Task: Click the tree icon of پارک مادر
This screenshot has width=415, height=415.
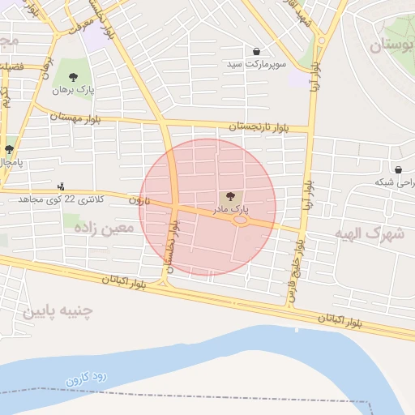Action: point(229,196)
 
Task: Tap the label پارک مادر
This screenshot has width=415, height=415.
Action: point(229,209)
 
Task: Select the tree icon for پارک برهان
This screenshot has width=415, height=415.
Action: point(74,77)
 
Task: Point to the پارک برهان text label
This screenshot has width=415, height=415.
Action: point(74,90)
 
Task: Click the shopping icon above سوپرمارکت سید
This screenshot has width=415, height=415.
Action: point(257,52)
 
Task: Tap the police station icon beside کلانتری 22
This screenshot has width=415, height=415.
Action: point(62,186)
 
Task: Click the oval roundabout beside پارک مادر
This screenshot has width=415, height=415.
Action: point(241,220)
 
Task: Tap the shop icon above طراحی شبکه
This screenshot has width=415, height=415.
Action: point(398,169)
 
